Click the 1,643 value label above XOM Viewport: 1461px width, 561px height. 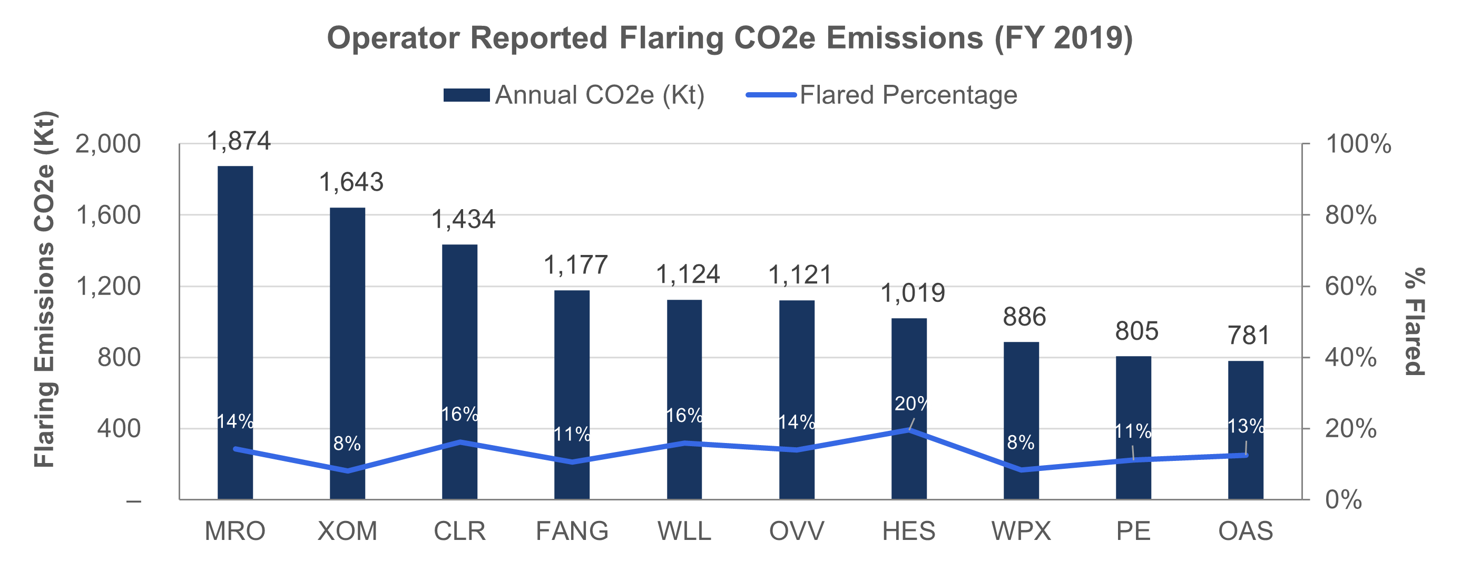pyautogui.click(x=351, y=182)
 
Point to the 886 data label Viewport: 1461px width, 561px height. pyautogui.click(x=1024, y=317)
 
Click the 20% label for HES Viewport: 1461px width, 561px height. pyautogui.click(x=913, y=404)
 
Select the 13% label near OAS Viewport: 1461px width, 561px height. pyautogui.click(x=1246, y=426)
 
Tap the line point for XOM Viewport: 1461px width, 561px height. pyautogui.click(x=348, y=471)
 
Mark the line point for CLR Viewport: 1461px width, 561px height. pyautogui.click(x=460, y=441)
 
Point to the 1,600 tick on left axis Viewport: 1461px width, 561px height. pyautogui.click(x=108, y=215)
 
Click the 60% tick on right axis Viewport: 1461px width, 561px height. pyautogui.click(x=1350, y=287)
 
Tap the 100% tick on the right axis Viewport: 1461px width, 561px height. pyautogui.click(x=1358, y=144)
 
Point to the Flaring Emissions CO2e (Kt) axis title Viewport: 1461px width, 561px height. pyautogui.click(x=44, y=289)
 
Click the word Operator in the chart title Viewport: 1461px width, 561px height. pyautogui.click(x=393, y=38)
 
